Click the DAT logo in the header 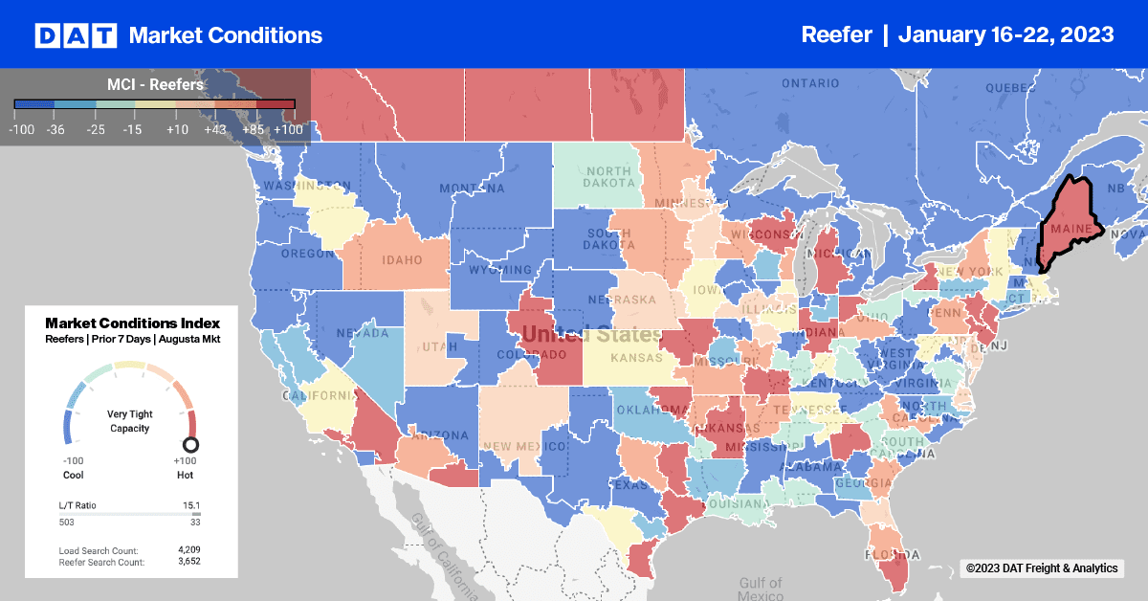(76, 35)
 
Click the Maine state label (1071, 230)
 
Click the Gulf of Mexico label (762, 589)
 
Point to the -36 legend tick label (54, 127)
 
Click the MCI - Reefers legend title (155, 85)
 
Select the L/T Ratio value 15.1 (190, 504)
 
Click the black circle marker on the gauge (190, 444)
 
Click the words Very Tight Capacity (130, 421)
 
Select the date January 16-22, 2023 (1006, 35)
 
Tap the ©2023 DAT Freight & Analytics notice (1041, 568)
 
